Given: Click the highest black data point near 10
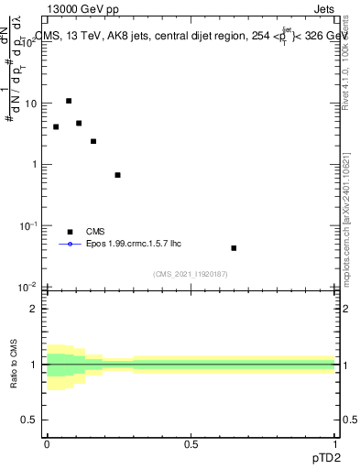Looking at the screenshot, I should (x=69, y=101).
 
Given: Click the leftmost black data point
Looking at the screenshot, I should (x=56, y=126).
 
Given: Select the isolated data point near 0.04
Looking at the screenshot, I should (x=234, y=247).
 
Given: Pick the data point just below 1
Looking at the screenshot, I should (x=117, y=174).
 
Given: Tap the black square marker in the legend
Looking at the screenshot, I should (x=71, y=232).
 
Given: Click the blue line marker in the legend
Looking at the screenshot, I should (x=71, y=245).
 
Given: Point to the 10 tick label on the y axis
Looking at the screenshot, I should (x=31, y=104).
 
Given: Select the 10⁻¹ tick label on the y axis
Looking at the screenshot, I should (x=29, y=225).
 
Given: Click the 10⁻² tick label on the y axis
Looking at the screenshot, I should (x=29, y=287).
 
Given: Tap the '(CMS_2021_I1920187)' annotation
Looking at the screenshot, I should (x=191, y=273).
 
